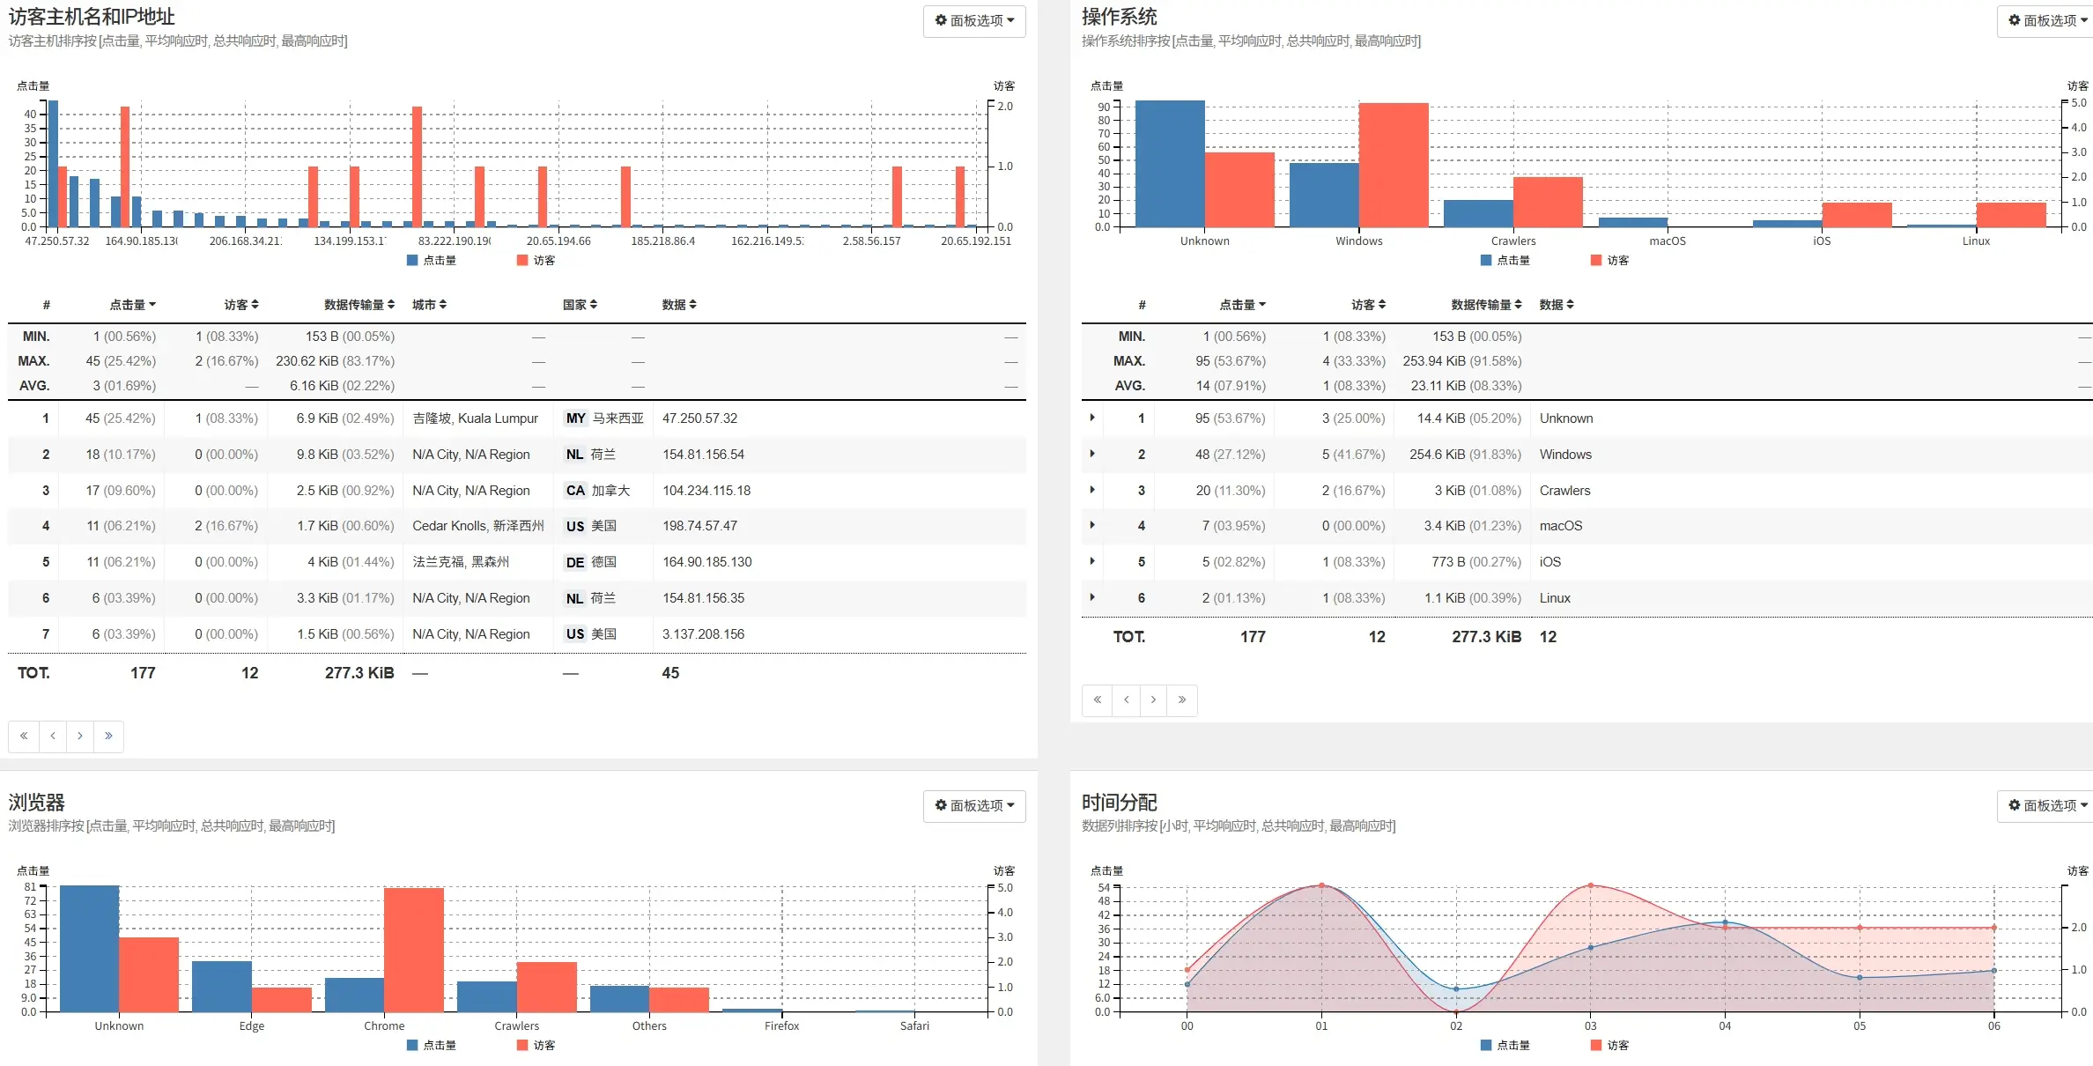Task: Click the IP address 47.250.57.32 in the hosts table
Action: [699, 418]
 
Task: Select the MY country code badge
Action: [575, 418]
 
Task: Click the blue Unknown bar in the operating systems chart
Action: [1169, 164]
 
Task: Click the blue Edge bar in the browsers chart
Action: [221, 986]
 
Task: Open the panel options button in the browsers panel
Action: [973, 805]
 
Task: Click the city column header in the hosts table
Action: [429, 305]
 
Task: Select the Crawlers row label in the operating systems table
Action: [1564, 491]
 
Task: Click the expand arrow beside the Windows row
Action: [1092, 454]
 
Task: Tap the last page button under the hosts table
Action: [108, 736]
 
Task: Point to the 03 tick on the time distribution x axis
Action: [1590, 1025]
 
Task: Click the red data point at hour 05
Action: [1859, 928]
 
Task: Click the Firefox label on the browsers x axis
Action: [781, 1025]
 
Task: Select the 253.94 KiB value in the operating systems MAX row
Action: [1461, 361]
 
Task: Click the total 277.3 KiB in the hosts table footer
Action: [359, 673]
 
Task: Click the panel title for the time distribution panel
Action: [1119, 803]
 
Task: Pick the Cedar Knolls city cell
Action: [477, 526]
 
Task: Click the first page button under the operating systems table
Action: [1097, 700]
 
